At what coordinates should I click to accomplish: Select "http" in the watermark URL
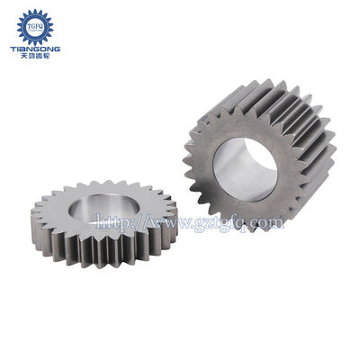point(110,220)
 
